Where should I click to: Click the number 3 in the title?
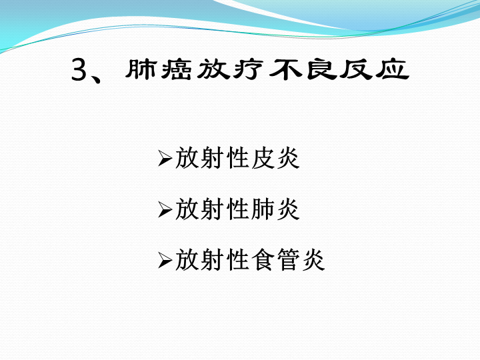(x=79, y=70)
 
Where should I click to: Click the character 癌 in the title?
(x=176, y=70)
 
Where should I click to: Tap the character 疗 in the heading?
(x=248, y=70)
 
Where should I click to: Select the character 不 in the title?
(x=285, y=70)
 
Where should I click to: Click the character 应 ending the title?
(x=393, y=70)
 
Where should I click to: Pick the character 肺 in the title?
(x=141, y=70)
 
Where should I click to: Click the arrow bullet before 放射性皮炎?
(x=165, y=158)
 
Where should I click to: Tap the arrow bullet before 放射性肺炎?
(x=165, y=210)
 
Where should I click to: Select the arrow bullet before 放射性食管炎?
(x=165, y=261)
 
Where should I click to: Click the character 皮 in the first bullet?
(x=263, y=158)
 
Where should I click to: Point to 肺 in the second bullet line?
(x=263, y=209)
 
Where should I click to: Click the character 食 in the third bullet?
(x=263, y=261)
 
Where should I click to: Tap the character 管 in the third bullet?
(x=289, y=261)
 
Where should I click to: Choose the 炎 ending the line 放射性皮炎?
(x=289, y=158)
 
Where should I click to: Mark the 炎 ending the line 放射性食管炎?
(x=314, y=261)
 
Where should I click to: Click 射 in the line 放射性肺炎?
(x=212, y=209)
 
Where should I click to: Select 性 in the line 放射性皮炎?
(x=237, y=158)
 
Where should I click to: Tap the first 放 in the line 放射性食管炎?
(x=187, y=261)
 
